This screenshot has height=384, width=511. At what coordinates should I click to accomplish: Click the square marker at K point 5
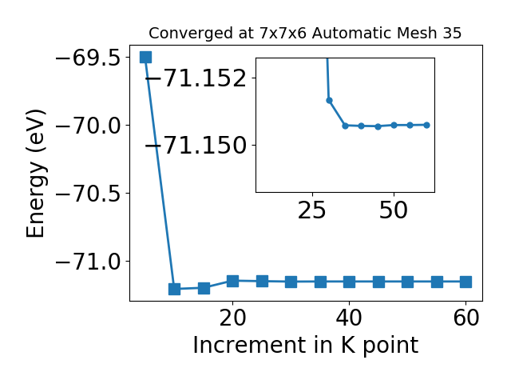pos(145,57)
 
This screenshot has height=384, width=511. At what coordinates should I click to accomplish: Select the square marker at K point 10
pos(174,289)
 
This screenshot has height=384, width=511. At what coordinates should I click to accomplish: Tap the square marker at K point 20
pos(232,281)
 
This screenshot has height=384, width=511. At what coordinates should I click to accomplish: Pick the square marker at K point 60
pos(466,282)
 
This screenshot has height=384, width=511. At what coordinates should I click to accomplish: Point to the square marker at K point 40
pos(350,282)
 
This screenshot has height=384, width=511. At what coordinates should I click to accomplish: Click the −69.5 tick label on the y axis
pos(88,58)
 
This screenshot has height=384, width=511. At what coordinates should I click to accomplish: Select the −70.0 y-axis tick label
pos(88,126)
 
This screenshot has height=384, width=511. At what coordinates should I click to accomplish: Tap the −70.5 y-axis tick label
pos(88,194)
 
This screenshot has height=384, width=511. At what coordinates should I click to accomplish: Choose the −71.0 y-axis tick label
pos(88,262)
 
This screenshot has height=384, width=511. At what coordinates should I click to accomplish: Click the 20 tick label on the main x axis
pos(232,318)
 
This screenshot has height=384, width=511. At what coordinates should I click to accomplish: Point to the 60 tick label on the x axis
pos(466,318)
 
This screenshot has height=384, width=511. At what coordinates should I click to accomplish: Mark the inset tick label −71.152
pos(196,78)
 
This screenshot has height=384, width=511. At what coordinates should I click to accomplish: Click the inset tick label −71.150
pos(196,146)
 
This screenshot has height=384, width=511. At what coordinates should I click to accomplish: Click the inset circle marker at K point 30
pos(329,100)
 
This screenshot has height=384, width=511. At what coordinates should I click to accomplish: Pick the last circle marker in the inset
pos(426,125)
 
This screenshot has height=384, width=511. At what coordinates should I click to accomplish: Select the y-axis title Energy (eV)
pos(35,174)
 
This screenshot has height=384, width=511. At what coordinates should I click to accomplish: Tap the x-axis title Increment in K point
pos(306,345)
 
